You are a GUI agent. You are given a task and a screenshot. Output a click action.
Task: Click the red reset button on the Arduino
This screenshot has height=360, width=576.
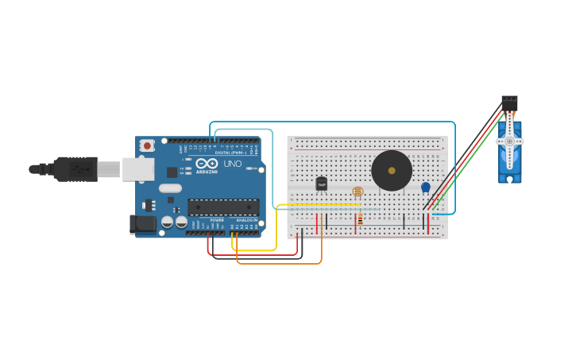click(147, 146)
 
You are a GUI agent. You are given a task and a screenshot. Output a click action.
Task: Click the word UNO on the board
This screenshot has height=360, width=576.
click(233, 164)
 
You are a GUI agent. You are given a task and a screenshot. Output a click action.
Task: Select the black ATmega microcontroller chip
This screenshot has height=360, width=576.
click(223, 207)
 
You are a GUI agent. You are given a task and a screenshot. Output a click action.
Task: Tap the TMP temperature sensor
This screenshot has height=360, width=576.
click(322, 184)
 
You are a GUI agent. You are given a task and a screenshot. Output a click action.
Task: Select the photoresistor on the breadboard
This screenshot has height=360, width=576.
click(358, 192)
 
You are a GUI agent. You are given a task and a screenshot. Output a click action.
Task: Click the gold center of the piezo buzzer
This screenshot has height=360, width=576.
click(391, 169)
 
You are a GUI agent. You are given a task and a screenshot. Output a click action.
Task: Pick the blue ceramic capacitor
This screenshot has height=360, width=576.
click(425, 188)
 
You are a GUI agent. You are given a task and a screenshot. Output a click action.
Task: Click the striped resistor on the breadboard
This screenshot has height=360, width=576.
click(361, 219)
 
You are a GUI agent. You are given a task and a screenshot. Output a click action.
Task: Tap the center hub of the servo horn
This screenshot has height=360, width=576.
click(509, 141)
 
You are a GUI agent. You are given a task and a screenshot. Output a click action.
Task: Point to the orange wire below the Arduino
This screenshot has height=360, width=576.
click(278, 263)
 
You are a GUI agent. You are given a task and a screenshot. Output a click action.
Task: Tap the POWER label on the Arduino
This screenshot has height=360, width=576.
click(217, 220)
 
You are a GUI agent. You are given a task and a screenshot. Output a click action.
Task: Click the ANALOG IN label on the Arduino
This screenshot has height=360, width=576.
click(245, 220)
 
